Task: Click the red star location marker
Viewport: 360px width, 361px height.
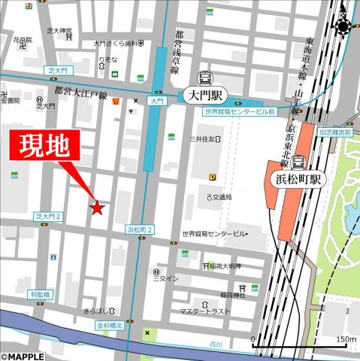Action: pos(97,208)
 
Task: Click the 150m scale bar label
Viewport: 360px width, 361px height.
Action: pos(346,340)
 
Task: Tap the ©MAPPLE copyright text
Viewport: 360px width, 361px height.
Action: pos(23,356)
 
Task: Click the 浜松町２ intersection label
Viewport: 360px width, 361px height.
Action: pos(140,229)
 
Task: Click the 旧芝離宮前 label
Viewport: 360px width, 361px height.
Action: pos(335,132)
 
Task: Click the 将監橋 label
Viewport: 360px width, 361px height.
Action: pos(40,296)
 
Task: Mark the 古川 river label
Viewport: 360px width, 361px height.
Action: pos(216,344)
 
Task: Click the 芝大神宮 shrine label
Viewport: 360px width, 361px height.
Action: pos(59,31)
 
